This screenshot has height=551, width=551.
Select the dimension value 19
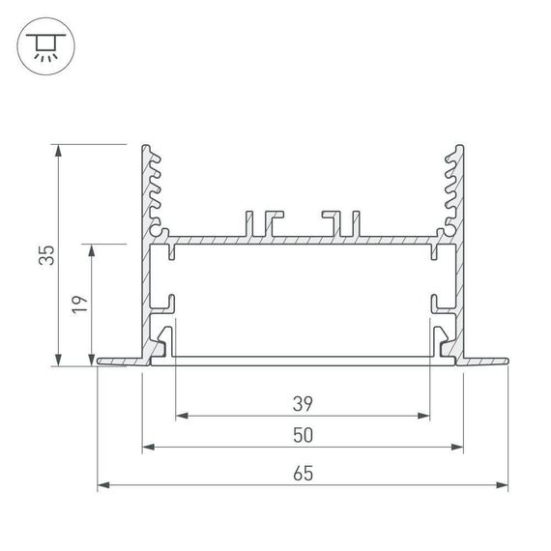tap(80, 304)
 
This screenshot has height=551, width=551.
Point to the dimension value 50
tap(303, 436)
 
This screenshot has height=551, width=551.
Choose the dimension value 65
tap(303, 473)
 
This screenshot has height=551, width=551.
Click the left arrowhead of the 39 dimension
tap(181, 417)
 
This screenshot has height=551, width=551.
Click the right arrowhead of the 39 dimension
tap(424, 417)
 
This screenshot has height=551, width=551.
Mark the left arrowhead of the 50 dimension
tap(148, 449)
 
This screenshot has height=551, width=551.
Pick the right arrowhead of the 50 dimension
tap(457, 449)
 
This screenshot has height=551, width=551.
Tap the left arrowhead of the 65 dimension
tap(103, 485)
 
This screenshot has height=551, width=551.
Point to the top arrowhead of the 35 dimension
tap(61, 150)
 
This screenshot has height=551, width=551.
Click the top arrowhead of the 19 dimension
tap(93, 248)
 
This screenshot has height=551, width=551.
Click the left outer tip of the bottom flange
tap(101, 362)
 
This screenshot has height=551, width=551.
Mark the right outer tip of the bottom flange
tap(506, 362)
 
